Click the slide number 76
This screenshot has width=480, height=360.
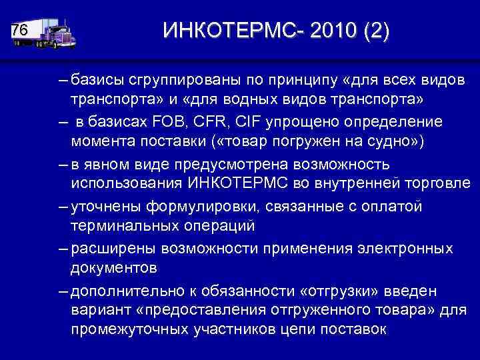click(20, 31)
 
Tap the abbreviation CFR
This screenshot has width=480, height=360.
click(195, 123)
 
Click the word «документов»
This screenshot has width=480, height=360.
click(113, 267)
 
